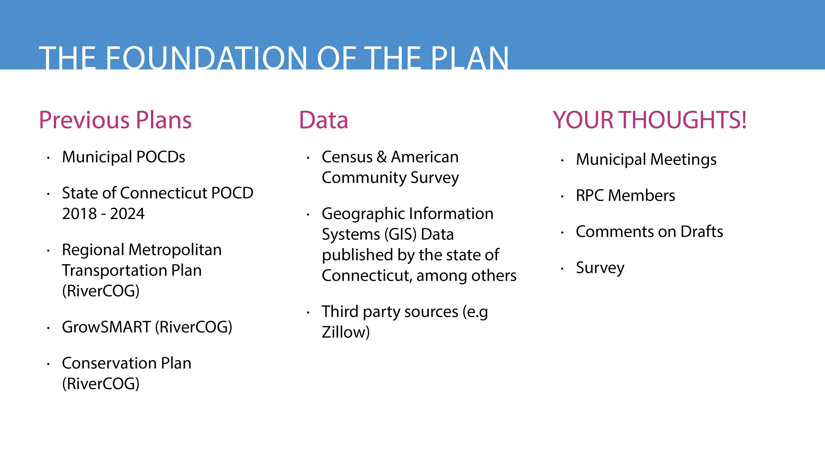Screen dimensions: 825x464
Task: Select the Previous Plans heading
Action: point(115,120)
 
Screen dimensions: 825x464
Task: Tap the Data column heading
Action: point(323,120)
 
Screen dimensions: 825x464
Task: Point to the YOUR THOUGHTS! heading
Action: point(649,120)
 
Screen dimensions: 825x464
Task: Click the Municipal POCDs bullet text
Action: point(123,157)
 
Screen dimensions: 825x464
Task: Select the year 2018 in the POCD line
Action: point(79,214)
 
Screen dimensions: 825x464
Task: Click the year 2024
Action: point(127,214)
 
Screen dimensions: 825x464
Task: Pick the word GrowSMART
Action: point(106,327)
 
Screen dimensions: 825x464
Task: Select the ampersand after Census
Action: point(382,157)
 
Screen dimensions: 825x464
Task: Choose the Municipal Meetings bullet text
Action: point(646,160)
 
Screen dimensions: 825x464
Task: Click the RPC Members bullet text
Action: point(626,196)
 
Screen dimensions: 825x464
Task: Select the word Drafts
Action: point(702,232)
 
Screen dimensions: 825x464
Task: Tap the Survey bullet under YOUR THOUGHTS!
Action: point(600,268)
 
